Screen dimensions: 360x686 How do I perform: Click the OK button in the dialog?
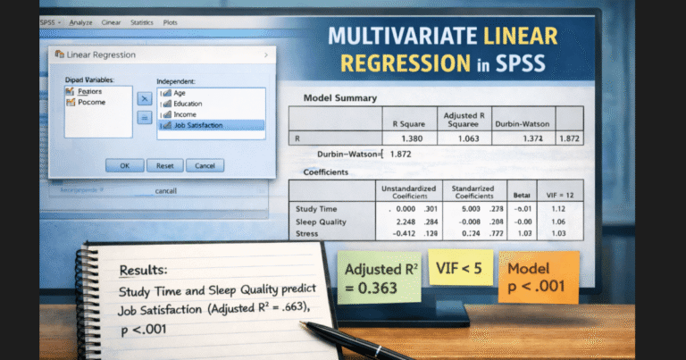125,165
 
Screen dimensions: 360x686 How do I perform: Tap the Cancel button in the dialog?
205,165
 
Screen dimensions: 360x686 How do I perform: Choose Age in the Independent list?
180,93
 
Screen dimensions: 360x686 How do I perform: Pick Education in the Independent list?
188,104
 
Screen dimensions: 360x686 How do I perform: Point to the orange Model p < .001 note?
540,275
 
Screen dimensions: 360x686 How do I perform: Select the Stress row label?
306,233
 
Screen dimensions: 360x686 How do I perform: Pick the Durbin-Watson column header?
523,123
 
